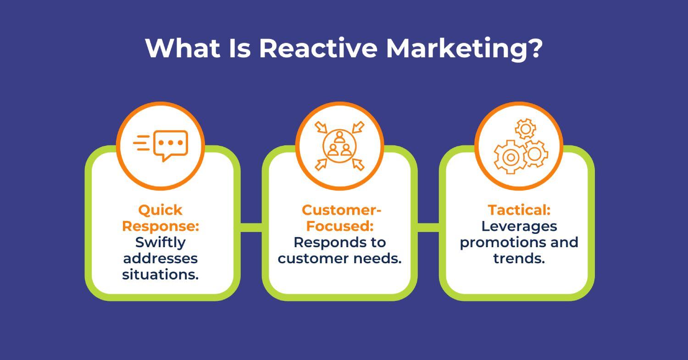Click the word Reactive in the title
[317, 48]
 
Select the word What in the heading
[183, 48]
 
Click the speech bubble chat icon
[170, 145]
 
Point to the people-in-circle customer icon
[339, 145]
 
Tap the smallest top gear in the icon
[525, 129]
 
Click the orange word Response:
[160, 226]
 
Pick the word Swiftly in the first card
[160, 242]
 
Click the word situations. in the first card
[160, 274]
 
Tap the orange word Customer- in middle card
[341, 210]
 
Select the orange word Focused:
[339, 226]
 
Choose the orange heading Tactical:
[519, 210]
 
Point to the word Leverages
[519, 226]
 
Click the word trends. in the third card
[519, 258]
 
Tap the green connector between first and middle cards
[251, 227]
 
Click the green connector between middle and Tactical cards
[428, 227]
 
